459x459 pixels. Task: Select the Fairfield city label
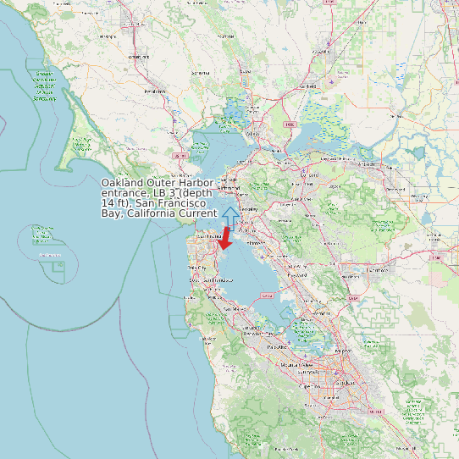coord(310,86)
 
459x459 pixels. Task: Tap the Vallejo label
coord(252,134)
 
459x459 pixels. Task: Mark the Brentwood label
coord(391,201)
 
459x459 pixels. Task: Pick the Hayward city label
coord(296,275)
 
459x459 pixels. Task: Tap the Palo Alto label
coord(276,347)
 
